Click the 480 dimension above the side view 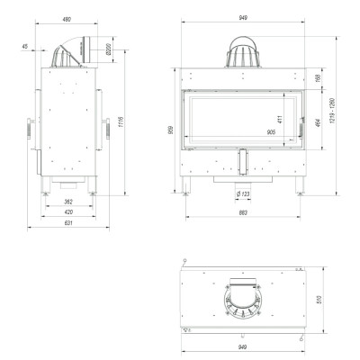(x=67, y=20)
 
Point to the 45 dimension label (x=25, y=47)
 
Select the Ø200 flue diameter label (x=109, y=49)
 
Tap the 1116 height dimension (x=121, y=122)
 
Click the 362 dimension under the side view (x=68, y=202)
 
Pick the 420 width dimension (x=68, y=212)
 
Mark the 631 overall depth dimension (x=68, y=223)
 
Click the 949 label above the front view (x=243, y=18)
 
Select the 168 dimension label (x=319, y=78)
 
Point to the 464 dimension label (x=319, y=123)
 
